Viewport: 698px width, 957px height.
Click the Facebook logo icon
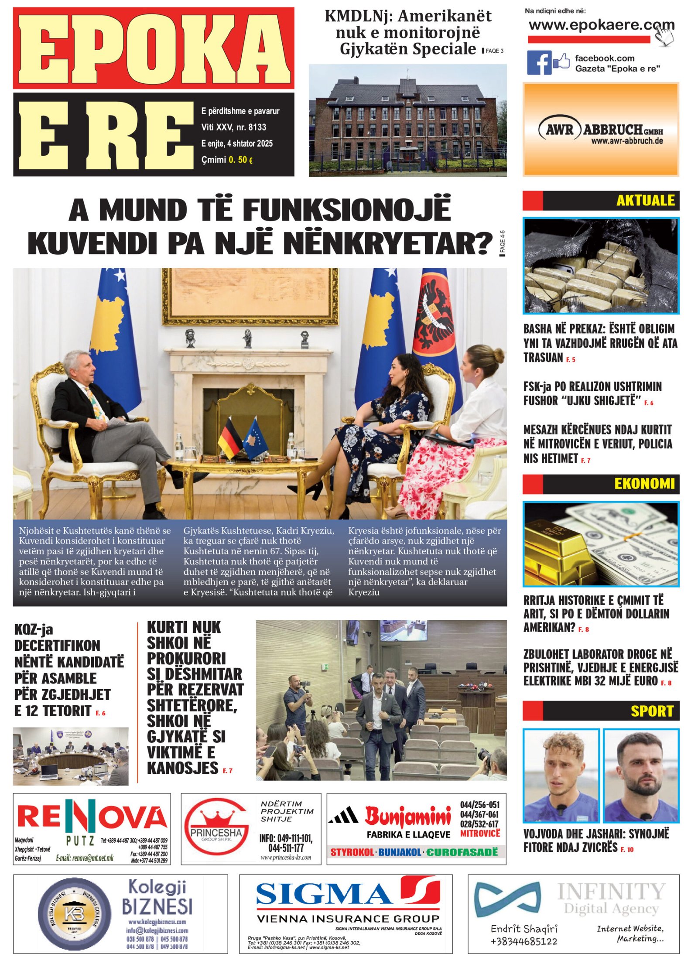(539, 62)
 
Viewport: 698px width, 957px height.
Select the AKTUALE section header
(645, 200)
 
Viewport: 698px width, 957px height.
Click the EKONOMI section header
(644, 484)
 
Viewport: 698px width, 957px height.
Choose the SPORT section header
(652, 711)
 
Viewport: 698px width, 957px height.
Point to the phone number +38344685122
(523, 941)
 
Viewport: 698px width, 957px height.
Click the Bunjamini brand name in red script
(407, 816)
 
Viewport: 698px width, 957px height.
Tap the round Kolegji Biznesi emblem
(74, 913)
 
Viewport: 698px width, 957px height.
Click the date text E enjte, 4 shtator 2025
(236, 144)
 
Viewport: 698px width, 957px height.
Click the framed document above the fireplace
(250, 297)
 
